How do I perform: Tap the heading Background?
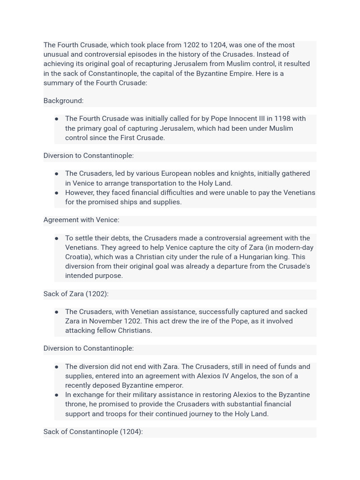[x=63, y=101]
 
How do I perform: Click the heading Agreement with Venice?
[x=81, y=220]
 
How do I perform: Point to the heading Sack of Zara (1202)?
[x=76, y=294]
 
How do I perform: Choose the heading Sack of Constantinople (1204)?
[x=93, y=432]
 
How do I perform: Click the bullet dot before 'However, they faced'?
[x=57, y=193]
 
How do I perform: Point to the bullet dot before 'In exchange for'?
[x=57, y=395]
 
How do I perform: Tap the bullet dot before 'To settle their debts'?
[x=57, y=238]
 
